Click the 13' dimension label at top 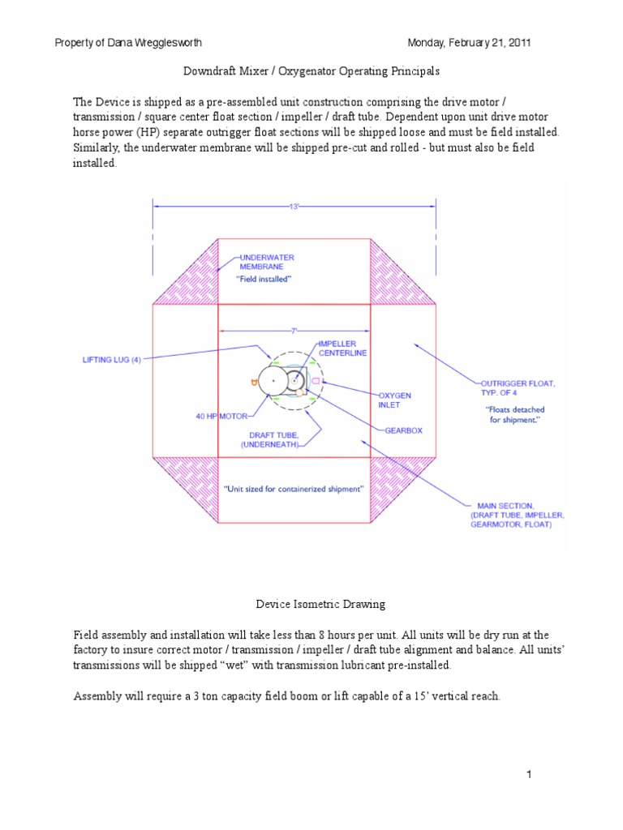294,207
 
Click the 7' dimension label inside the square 294,330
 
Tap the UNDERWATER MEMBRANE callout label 266,261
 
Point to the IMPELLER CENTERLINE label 348,349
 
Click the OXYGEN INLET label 394,400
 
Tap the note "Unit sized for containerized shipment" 293,489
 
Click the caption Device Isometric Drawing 311,604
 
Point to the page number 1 527,776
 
